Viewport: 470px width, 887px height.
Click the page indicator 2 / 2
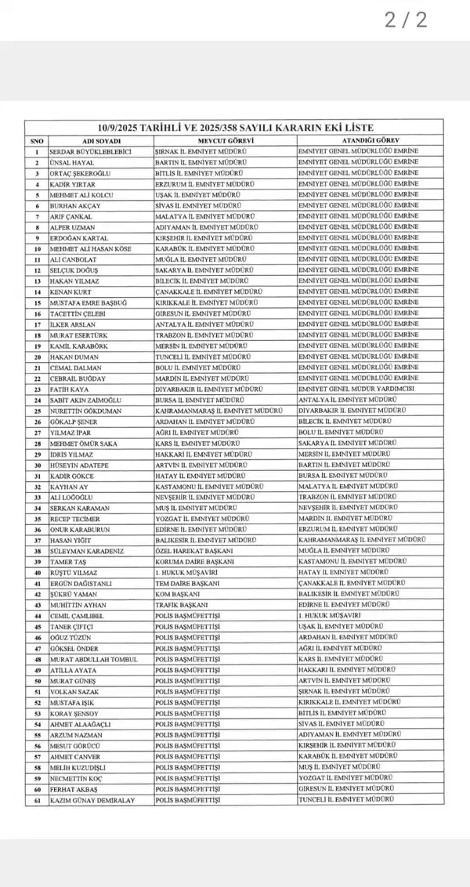[x=406, y=20]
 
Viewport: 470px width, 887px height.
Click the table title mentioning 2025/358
[x=235, y=128]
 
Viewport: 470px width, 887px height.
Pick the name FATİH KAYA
[x=68, y=389]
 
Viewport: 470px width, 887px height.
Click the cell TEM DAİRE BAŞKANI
[x=189, y=583]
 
